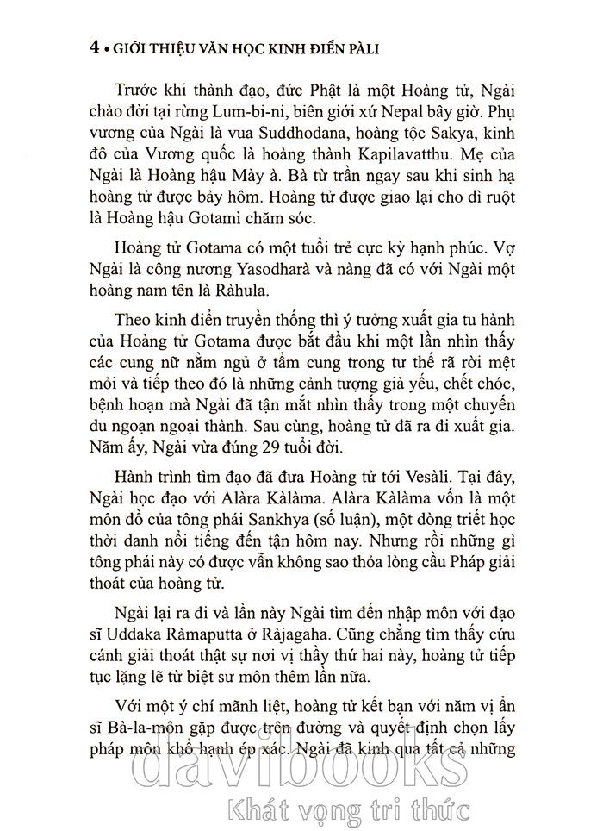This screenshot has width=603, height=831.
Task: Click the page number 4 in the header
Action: point(94,48)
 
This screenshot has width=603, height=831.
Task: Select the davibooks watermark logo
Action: point(301,762)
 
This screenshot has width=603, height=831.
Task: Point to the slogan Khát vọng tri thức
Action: point(344,811)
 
